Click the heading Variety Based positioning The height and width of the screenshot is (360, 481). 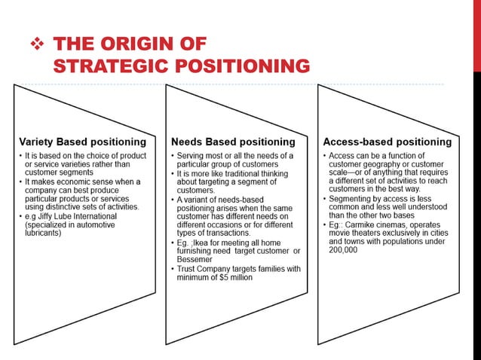tap(82, 141)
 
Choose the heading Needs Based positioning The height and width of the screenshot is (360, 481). tap(233, 141)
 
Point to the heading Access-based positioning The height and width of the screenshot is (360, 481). tap(388, 141)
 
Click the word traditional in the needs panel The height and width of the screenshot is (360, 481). tap(240, 172)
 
